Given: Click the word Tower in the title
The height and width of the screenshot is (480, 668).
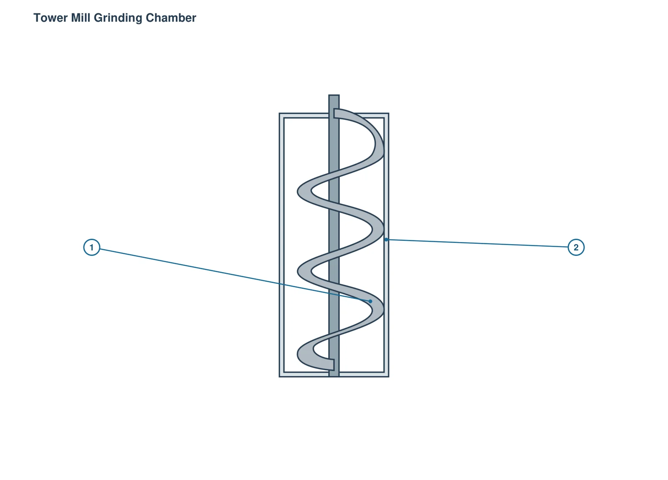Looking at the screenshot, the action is tap(51, 18).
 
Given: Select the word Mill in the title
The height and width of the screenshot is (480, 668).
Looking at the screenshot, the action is tap(81, 18).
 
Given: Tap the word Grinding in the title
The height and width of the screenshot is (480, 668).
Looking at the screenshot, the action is tap(118, 18).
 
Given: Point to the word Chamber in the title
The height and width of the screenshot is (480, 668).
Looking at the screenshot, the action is tap(171, 18).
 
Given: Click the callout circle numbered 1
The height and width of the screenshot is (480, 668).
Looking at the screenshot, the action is tap(91, 248).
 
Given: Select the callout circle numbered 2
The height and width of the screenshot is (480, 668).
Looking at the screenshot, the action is tap(576, 248).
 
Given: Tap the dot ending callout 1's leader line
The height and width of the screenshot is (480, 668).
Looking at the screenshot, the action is tap(370, 301).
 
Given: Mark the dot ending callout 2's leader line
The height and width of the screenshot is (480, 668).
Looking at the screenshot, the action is tap(386, 240).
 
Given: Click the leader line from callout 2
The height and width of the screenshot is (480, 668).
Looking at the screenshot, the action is tap(477, 243).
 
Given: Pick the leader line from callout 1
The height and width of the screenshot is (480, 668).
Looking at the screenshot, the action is tap(235, 275).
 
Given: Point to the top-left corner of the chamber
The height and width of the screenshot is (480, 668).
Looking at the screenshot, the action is tap(279, 113).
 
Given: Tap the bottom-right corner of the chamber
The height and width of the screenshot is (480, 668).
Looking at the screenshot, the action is tap(389, 377).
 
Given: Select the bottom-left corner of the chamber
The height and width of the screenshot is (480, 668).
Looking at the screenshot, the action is tap(279, 377).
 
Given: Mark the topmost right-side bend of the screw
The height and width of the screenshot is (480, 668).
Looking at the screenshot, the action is tap(379, 146).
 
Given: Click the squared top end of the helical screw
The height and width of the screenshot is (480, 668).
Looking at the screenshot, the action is tap(337, 113).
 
